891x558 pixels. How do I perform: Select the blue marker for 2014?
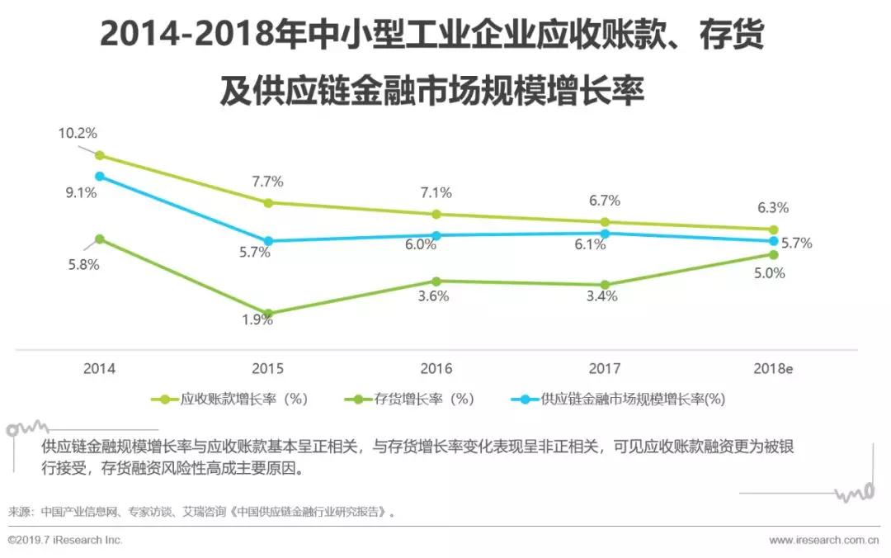tap(100, 176)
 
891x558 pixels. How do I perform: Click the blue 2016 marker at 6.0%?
tap(436, 235)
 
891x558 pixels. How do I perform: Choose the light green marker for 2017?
tap(605, 222)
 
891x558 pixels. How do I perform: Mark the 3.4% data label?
tap(601, 296)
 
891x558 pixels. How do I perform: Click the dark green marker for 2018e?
tap(773, 254)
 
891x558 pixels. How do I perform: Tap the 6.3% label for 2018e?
tap(773, 208)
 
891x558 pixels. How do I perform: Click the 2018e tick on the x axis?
tap(773, 369)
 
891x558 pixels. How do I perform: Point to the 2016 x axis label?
tap(436, 369)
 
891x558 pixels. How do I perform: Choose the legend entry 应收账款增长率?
tap(230, 400)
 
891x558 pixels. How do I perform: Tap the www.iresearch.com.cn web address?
tap(824, 540)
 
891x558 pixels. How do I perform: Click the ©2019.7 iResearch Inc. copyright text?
tap(65, 540)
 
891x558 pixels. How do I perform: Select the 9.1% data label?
tap(82, 193)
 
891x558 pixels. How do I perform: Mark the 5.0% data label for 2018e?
tap(769, 274)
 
